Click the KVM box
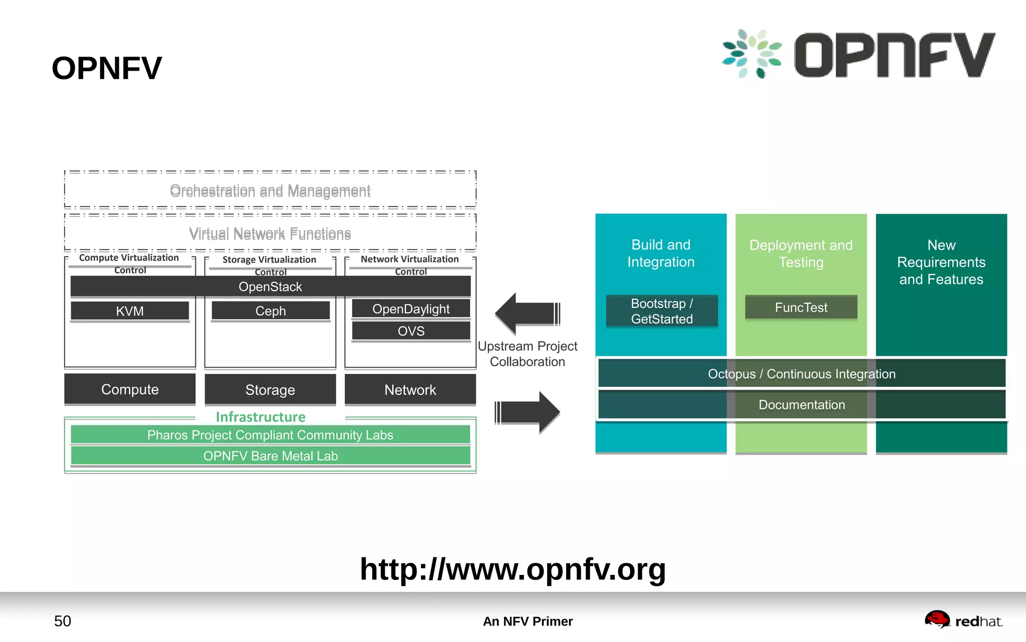click(x=130, y=311)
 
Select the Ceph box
click(x=271, y=311)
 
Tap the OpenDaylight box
click(x=411, y=309)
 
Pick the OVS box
click(x=411, y=331)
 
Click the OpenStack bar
click(x=271, y=287)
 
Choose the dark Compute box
click(x=130, y=389)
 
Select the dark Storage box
click(x=271, y=390)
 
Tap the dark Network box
click(x=410, y=390)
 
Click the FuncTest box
click(x=801, y=307)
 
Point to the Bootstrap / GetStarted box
click(x=662, y=311)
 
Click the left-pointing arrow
click(x=527, y=314)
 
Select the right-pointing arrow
click(x=528, y=412)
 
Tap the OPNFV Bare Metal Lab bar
click(x=271, y=456)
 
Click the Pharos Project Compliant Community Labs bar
click(x=271, y=435)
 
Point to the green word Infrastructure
click(x=261, y=417)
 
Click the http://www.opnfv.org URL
click(x=513, y=569)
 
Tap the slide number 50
click(x=63, y=621)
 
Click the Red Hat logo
click(x=963, y=620)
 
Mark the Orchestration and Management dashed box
click(x=270, y=190)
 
